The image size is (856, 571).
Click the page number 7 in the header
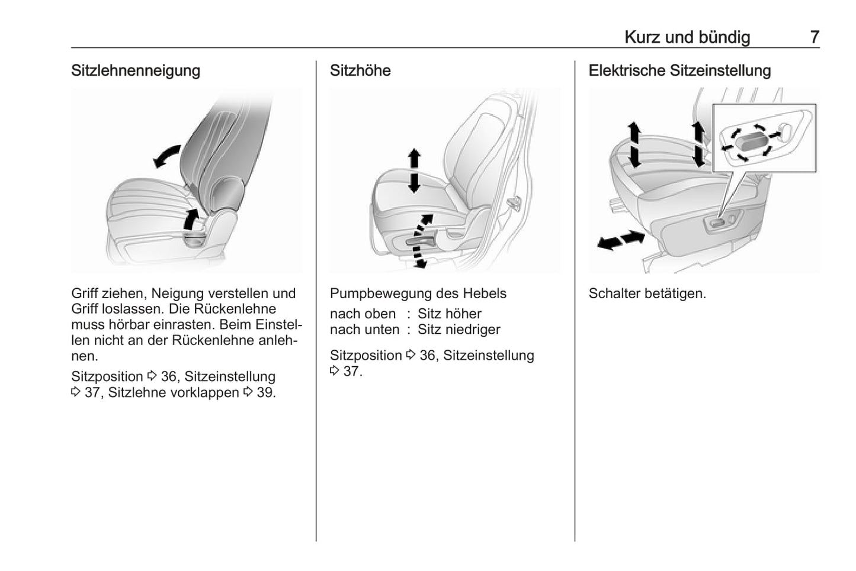tap(815, 37)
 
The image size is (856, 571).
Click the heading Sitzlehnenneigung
tap(136, 70)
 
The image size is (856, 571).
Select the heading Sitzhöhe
tap(360, 70)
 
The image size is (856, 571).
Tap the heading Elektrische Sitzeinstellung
tap(679, 70)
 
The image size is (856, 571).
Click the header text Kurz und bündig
tap(687, 37)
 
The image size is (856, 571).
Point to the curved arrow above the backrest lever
tap(191, 218)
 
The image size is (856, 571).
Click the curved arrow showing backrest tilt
tap(166, 155)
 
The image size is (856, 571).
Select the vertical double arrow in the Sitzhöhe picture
tap(414, 170)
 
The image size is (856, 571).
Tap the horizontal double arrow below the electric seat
tap(621, 240)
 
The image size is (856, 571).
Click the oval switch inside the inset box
tap(751, 141)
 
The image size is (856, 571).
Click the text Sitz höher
tap(450, 314)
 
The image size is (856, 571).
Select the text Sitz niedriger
tap(459, 330)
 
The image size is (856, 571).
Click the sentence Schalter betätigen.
tap(647, 293)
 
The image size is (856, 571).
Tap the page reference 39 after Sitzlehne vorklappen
tap(265, 392)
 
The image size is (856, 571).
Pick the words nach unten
tap(364, 330)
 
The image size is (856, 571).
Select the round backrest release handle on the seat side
tap(195, 238)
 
